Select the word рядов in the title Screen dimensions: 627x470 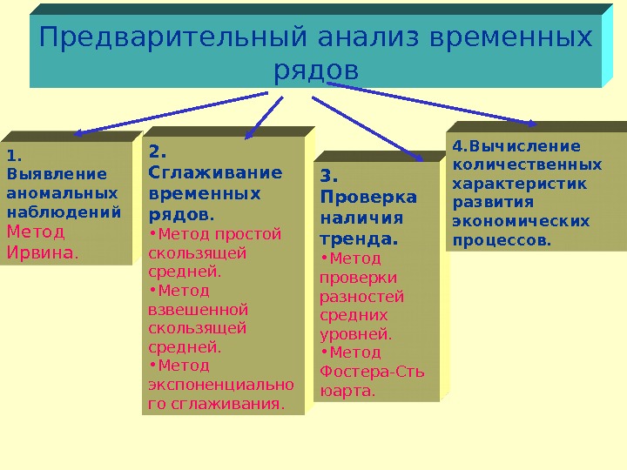(315, 70)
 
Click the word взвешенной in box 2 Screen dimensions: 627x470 (199, 309)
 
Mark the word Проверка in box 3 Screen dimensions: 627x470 (368, 197)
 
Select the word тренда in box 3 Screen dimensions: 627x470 (358, 238)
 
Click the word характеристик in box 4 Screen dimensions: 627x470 (521, 183)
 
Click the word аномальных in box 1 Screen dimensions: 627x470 (62, 192)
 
